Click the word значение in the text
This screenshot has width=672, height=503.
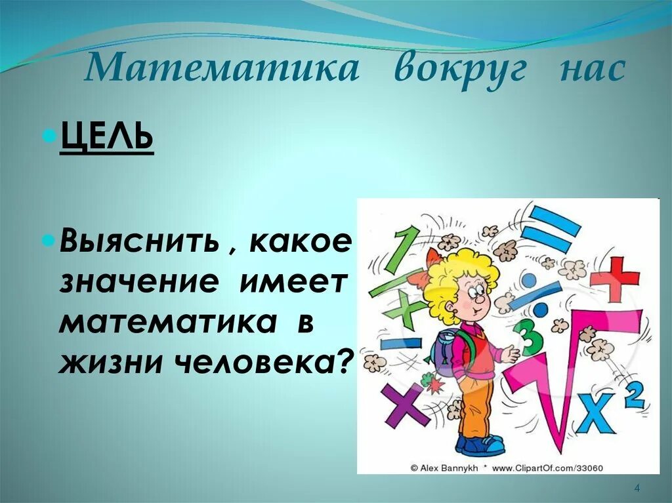tap(138, 283)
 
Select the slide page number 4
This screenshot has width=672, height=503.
tap(637, 486)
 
